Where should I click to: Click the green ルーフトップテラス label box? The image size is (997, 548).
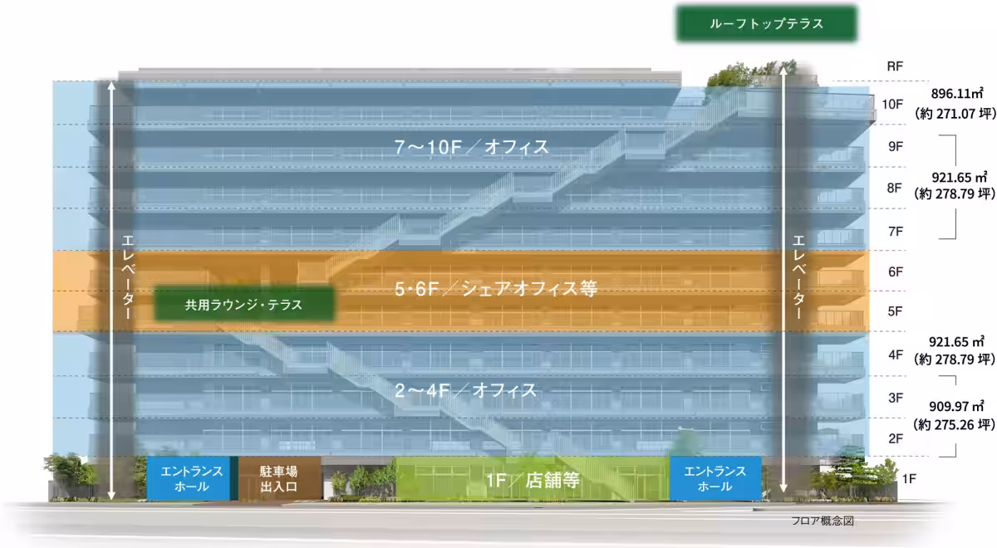(766, 24)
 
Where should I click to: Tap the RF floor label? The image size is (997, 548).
(895, 66)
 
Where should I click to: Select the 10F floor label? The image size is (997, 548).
(892, 105)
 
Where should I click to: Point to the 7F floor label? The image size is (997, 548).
(895, 230)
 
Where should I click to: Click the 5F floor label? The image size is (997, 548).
(895, 311)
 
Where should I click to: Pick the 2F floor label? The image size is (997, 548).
(895, 438)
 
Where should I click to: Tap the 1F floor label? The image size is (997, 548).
(909, 479)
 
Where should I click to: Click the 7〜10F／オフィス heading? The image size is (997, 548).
(471, 147)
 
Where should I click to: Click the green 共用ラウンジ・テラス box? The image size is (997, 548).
(243, 305)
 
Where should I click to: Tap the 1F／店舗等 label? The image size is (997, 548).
(532, 479)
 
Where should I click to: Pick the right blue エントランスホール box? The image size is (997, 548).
(715, 478)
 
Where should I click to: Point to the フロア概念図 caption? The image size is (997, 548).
(823, 521)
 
